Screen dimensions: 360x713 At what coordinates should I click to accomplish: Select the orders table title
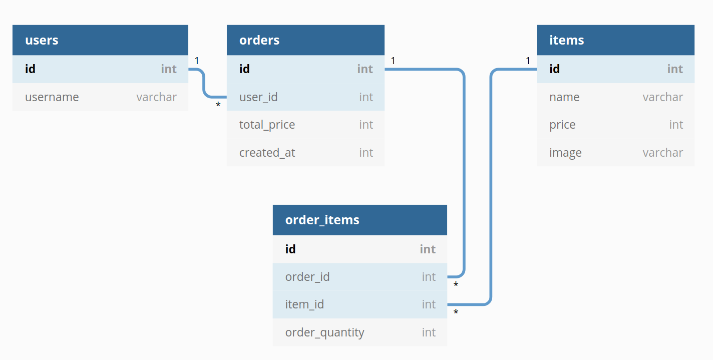point(259,40)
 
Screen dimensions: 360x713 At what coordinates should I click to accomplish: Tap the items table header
point(566,40)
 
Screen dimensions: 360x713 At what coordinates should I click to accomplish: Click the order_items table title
point(322,220)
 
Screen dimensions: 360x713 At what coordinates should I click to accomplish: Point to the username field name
point(52,97)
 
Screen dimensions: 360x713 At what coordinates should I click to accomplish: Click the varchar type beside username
point(156,97)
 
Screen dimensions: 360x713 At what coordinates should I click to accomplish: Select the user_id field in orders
point(258,97)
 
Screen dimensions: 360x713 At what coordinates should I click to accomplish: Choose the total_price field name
point(267,125)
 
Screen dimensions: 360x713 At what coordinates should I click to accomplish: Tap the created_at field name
point(267,152)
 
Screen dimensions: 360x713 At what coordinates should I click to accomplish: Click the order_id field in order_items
point(307,276)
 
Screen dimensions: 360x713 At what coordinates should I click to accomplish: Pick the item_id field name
point(304,304)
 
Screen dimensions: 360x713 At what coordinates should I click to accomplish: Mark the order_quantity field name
point(324,332)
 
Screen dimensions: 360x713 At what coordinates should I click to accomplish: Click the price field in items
point(562,125)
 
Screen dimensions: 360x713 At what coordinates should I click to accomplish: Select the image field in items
point(565,152)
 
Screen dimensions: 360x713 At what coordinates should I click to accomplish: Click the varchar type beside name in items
point(662,97)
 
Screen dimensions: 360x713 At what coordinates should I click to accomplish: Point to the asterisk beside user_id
point(218,106)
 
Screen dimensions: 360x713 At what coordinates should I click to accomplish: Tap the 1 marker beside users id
point(197,61)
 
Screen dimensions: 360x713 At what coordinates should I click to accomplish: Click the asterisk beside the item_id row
point(456,313)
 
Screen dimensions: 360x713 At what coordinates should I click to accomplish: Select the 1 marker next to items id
point(528,61)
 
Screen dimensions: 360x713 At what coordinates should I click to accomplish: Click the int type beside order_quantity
point(429,332)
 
